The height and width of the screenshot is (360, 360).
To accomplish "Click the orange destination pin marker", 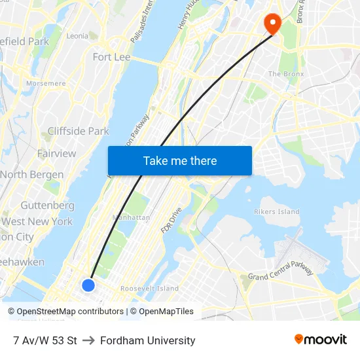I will [x=272, y=24].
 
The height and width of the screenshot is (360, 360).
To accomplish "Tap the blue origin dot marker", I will [x=88, y=285].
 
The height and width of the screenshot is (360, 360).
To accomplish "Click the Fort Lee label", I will [x=111, y=57].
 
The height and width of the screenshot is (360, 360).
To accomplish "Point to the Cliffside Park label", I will [x=78, y=131].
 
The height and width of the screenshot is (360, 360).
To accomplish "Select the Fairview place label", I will [x=56, y=153].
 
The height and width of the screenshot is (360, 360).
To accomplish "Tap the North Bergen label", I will [x=32, y=175].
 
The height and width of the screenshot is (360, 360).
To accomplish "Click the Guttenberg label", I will [x=47, y=205].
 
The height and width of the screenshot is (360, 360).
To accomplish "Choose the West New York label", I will [x=37, y=221].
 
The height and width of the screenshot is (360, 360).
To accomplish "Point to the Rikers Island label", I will [x=276, y=211].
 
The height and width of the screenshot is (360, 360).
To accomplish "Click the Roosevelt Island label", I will [x=149, y=288].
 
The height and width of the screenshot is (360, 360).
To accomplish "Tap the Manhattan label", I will [x=132, y=217].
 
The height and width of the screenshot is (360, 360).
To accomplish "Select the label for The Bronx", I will [x=286, y=74].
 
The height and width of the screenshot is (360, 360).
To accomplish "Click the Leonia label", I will [x=77, y=36].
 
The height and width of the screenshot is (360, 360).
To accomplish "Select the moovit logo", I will [x=320, y=339].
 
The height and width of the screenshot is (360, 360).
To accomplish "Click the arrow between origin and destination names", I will [x=88, y=340].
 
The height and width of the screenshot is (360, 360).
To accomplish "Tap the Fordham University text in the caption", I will [x=147, y=340].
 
